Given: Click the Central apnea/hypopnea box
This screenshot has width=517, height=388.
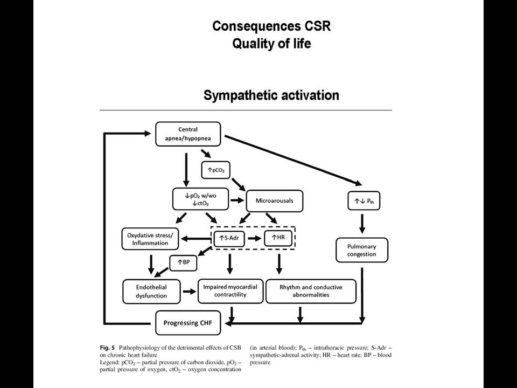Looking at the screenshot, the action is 188,134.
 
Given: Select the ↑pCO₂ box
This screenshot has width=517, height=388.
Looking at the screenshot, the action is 215,170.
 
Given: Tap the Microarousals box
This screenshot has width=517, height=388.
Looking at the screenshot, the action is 274,200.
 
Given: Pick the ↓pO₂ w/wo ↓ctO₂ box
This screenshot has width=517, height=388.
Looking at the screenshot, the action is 200,199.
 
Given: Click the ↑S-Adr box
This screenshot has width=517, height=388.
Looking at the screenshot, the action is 229,238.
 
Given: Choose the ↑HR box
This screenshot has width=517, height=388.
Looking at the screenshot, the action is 278,237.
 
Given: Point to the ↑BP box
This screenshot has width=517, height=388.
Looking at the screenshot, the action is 183,262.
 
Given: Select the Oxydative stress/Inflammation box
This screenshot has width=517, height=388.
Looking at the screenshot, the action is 150,239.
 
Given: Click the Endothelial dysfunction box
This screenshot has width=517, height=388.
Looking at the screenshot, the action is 151,292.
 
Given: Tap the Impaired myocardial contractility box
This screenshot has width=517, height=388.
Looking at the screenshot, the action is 230,291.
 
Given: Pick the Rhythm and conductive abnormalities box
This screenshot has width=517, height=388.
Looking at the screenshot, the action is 311,291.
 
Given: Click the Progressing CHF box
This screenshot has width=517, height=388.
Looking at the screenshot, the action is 188,323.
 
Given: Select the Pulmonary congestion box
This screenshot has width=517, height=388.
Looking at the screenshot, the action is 362,250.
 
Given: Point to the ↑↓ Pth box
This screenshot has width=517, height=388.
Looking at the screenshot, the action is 364,201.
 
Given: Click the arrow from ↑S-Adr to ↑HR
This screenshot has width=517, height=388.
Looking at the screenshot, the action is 255,238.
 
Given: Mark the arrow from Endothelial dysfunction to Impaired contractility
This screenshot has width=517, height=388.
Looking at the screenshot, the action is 189,292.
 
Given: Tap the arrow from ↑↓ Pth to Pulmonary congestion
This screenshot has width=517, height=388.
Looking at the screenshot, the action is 362,224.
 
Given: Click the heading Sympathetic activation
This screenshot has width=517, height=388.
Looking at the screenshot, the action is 271,95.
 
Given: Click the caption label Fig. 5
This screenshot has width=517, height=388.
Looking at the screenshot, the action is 108,348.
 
